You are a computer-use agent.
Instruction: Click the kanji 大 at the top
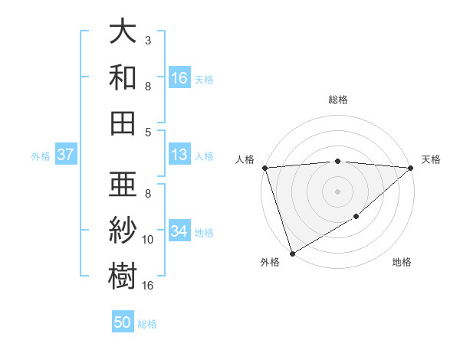(x=123, y=33)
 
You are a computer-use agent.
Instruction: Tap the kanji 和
(x=123, y=77)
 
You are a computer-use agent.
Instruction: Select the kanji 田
(x=123, y=122)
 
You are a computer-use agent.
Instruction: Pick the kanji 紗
(x=123, y=229)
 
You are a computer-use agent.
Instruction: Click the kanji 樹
(x=123, y=273)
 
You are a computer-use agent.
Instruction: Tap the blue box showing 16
(x=179, y=78)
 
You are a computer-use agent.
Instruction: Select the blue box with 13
(x=179, y=155)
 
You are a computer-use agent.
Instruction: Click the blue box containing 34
(x=179, y=231)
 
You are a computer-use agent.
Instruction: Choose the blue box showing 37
(x=66, y=155)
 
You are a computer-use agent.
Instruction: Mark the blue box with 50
(x=123, y=322)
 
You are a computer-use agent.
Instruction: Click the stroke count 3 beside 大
(x=148, y=40)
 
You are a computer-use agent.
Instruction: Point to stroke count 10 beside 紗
(x=148, y=240)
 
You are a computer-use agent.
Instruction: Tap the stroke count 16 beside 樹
(x=148, y=286)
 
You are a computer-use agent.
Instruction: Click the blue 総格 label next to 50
(x=147, y=324)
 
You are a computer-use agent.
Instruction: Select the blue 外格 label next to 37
(x=41, y=156)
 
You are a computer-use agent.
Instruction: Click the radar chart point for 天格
(x=411, y=168)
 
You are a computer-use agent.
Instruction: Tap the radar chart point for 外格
(x=292, y=253)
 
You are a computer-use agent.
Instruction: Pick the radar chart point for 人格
(x=264, y=168)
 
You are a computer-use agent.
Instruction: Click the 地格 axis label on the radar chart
(x=402, y=263)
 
